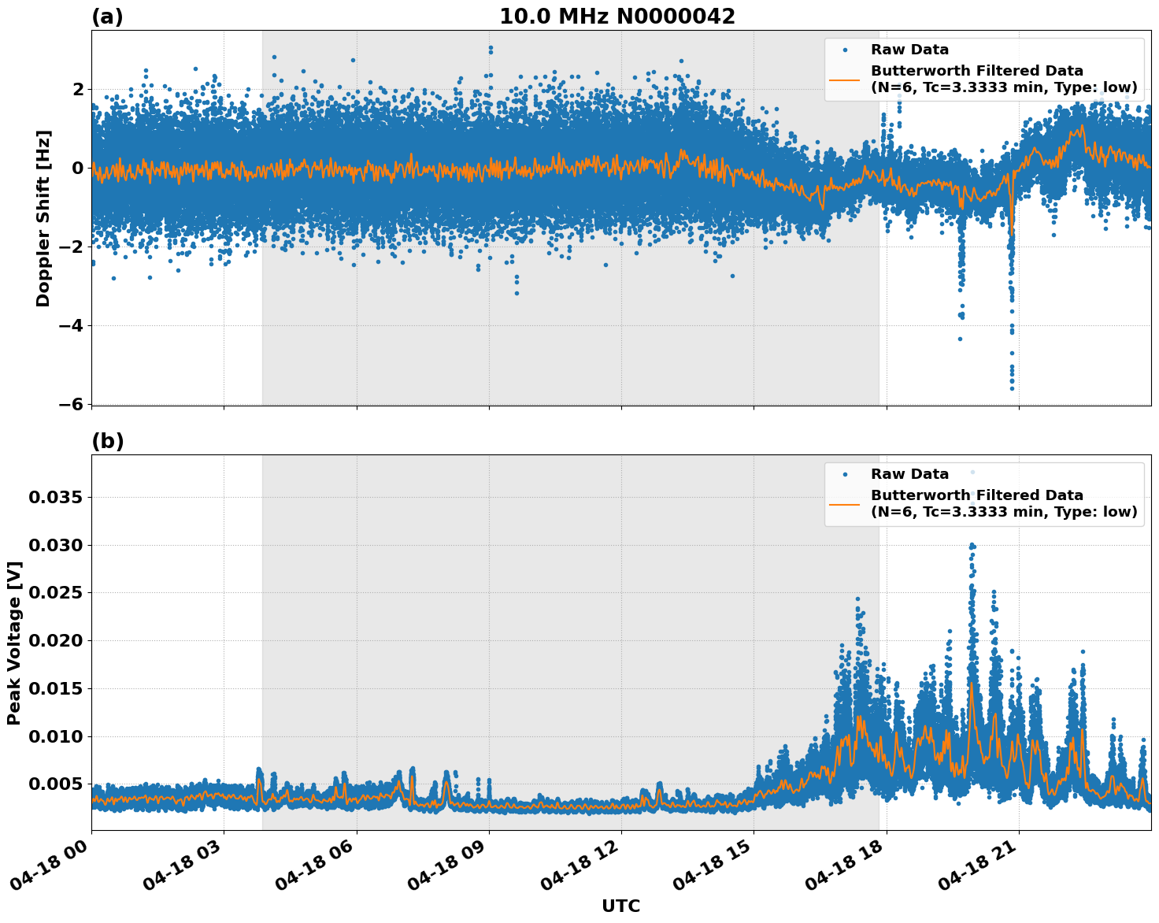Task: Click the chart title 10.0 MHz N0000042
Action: tap(617, 17)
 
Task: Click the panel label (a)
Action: tap(107, 17)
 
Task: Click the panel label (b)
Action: tap(108, 441)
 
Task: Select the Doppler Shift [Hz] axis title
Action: tap(43, 218)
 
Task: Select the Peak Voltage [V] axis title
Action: tap(13, 643)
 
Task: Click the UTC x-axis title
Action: tap(620, 906)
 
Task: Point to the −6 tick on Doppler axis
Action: tap(71, 404)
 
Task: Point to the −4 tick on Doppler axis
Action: tap(71, 325)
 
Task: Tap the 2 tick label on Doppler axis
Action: tap(77, 89)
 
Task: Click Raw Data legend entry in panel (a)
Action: tap(909, 50)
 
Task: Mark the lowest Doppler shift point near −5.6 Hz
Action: tap(1012, 388)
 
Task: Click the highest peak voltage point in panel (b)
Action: tap(972, 472)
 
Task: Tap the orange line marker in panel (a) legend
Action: tap(845, 80)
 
